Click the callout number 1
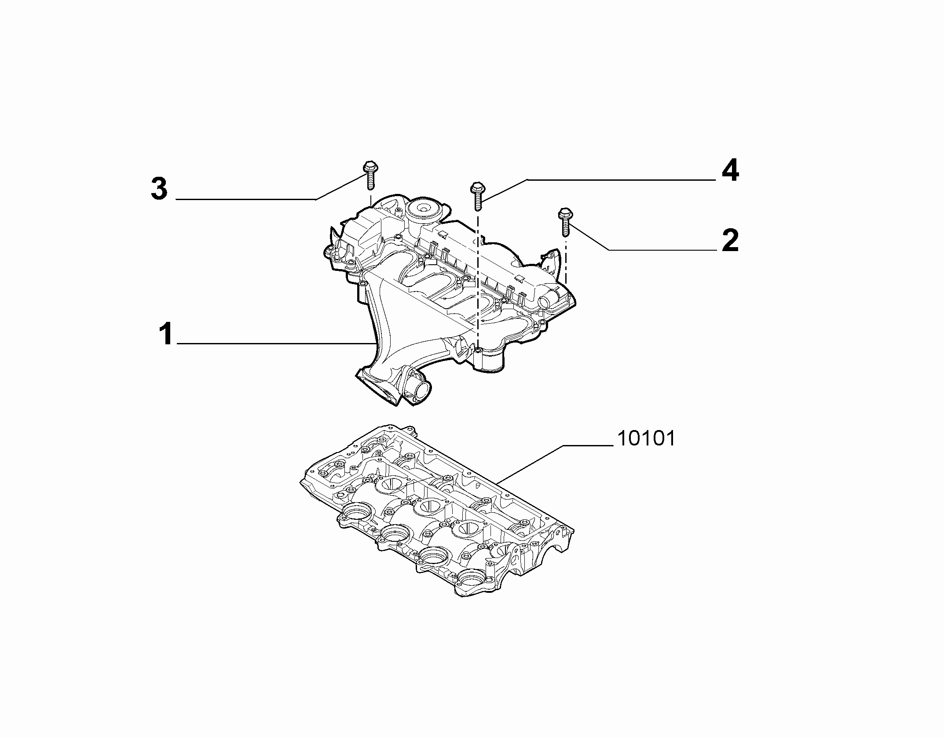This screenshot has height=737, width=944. (x=166, y=334)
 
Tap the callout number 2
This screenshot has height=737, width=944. (x=731, y=241)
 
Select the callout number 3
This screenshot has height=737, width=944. (x=159, y=189)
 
